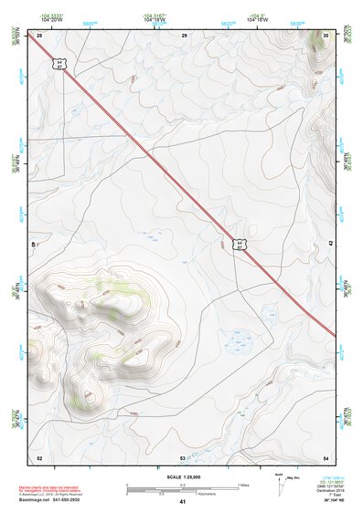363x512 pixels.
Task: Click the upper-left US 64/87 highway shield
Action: (x=59, y=65)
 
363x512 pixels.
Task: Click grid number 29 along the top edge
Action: (x=184, y=35)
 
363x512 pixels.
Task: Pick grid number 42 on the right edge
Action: (x=330, y=243)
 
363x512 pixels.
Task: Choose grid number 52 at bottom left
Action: (x=39, y=456)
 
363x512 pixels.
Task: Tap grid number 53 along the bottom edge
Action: (x=182, y=456)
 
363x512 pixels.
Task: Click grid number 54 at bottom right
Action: (x=326, y=456)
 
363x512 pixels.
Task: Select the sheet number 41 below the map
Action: (x=182, y=502)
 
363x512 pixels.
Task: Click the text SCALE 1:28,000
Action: (x=182, y=476)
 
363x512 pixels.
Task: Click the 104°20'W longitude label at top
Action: (x=52, y=18)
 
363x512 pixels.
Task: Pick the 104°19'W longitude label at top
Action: (x=154, y=18)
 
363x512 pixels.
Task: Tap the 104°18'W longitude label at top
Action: (x=256, y=18)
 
